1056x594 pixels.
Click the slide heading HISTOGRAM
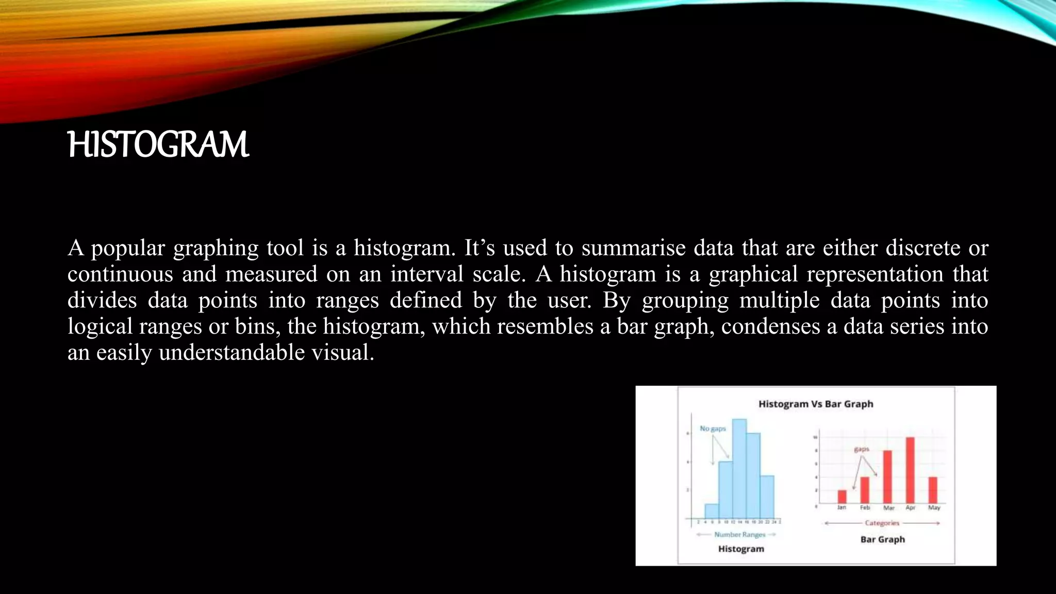tap(158, 145)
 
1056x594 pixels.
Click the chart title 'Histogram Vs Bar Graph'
tap(816, 404)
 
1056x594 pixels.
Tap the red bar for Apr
tap(910, 470)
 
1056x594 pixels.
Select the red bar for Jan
tap(842, 497)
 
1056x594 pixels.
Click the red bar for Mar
tap(887, 477)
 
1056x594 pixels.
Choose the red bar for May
tap(933, 490)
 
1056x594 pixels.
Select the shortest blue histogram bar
tap(712, 510)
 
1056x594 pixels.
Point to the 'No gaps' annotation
tap(713, 428)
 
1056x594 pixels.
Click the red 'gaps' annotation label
tap(862, 449)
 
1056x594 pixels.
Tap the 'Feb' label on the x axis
tap(865, 508)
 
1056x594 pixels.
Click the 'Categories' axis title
tap(882, 523)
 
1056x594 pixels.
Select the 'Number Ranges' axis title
tap(739, 535)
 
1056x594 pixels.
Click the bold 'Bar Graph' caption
tap(882, 539)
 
